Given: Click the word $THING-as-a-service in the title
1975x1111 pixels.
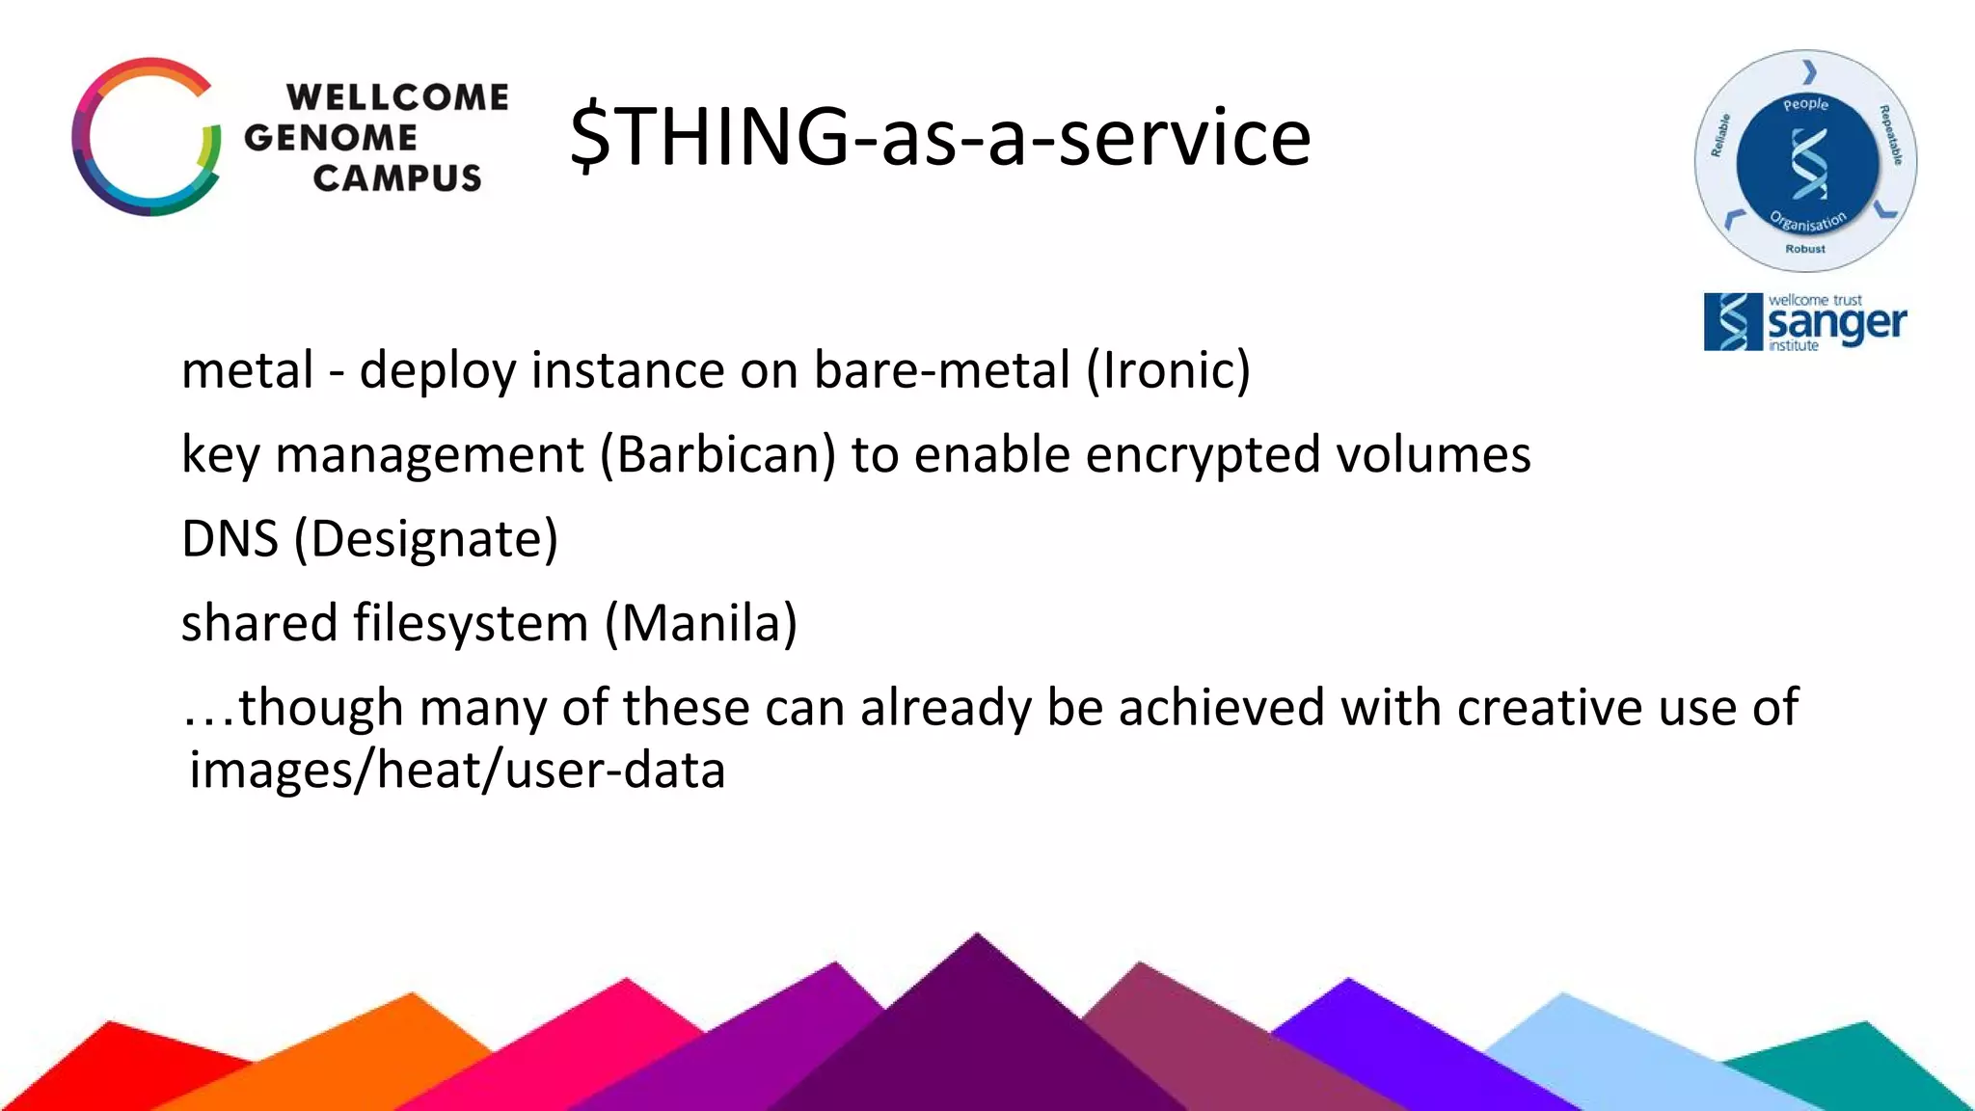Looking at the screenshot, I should click(940, 137).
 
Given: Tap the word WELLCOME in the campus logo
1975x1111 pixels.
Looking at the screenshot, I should click(397, 97).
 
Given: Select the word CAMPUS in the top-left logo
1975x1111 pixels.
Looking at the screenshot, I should click(397, 178).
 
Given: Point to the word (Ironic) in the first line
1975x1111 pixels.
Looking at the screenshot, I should click(1169, 370).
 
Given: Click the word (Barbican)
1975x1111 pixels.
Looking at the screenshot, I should click(717, 454).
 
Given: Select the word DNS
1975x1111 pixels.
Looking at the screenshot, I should click(230, 538).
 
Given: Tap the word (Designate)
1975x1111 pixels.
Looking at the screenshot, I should click(426, 538).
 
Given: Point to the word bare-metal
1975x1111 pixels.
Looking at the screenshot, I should click(942, 370).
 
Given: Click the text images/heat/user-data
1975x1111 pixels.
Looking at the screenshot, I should click(457, 771).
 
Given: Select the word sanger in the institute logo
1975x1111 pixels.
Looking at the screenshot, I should click(1836, 324).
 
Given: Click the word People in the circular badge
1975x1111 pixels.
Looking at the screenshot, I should click(1805, 104).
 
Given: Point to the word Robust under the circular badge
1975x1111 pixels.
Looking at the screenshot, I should click(1805, 249).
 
